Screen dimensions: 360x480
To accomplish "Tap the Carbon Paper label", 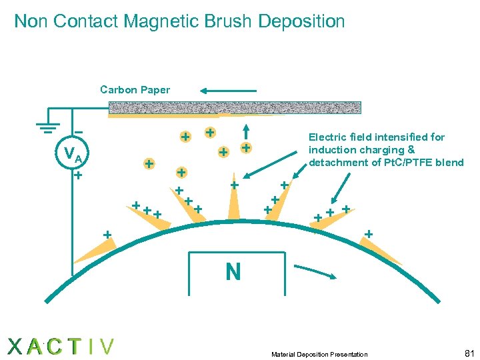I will click(x=135, y=89).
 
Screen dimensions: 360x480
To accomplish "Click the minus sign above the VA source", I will click(x=78, y=131).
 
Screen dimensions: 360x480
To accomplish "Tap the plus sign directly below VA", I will click(x=77, y=176).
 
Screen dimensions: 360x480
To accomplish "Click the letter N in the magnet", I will click(x=233, y=271).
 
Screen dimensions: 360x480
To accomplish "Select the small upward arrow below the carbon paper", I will click(x=247, y=131).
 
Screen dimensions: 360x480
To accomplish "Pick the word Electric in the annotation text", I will click(x=328, y=137).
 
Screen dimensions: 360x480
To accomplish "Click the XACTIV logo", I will click(x=61, y=346).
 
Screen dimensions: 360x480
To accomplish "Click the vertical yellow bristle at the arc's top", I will click(x=233, y=204).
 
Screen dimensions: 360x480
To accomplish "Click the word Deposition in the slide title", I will click(x=301, y=21).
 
